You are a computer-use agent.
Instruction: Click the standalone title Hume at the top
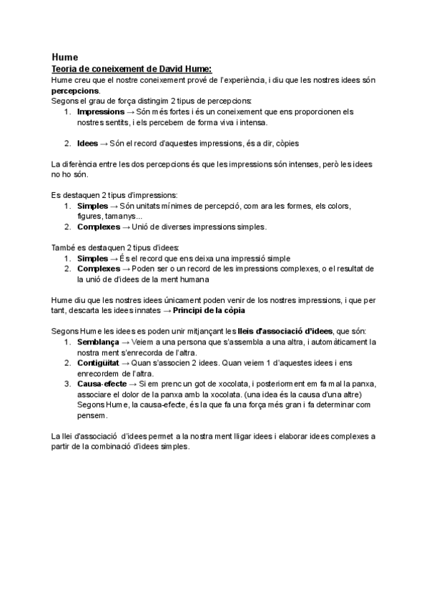pyautogui.click(x=65, y=57)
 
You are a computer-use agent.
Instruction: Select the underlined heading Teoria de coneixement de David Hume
pyautogui.click(x=132, y=69)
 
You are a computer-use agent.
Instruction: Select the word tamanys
pyautogui.click(x=125, y=217)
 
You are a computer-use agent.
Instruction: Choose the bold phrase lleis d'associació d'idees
pyautogui.click(x=285, y=332)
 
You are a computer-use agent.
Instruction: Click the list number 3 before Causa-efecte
pyautogui.click(x=67, y=384)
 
